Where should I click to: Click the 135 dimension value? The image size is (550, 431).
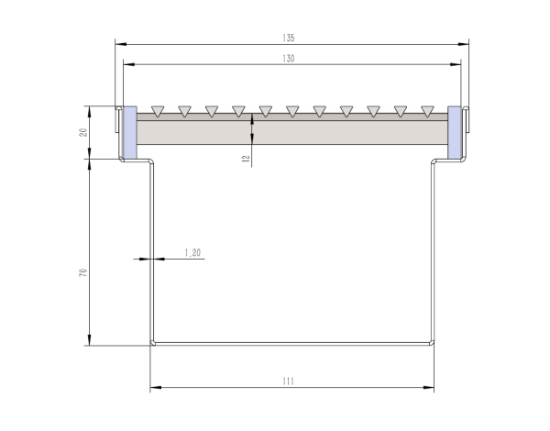click(290, 39)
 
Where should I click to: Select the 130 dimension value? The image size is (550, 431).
click(290, 58)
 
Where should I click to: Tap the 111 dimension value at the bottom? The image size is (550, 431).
click(290, 382)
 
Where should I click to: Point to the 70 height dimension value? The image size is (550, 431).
click(82, 273)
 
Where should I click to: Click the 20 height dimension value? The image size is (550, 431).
click(82, 132)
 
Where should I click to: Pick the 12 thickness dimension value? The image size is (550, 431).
click(246, 158)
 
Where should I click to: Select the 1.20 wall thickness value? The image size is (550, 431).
click(192, 252)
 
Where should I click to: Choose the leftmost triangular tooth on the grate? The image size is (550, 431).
click(158, 111)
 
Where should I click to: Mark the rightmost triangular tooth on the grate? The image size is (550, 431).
click(427, 111)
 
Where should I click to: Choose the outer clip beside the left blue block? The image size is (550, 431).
click(117, 120)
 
